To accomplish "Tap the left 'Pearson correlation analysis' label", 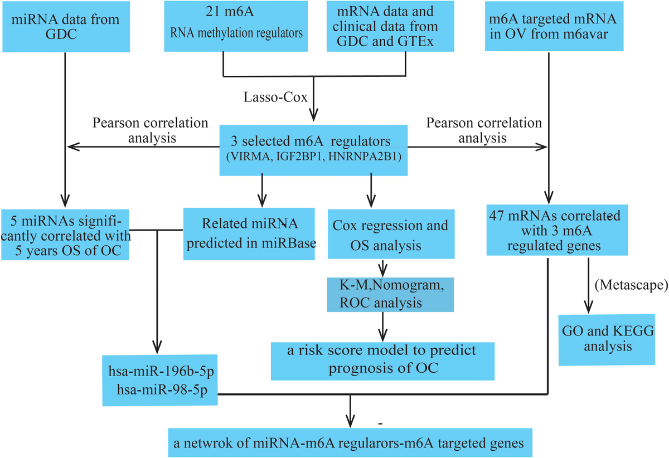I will (x=150, y=129).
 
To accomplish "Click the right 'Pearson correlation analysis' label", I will (x=483, y=129).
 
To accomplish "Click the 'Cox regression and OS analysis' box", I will (x=390, y=233).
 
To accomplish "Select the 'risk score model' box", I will (x=382, y=359).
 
